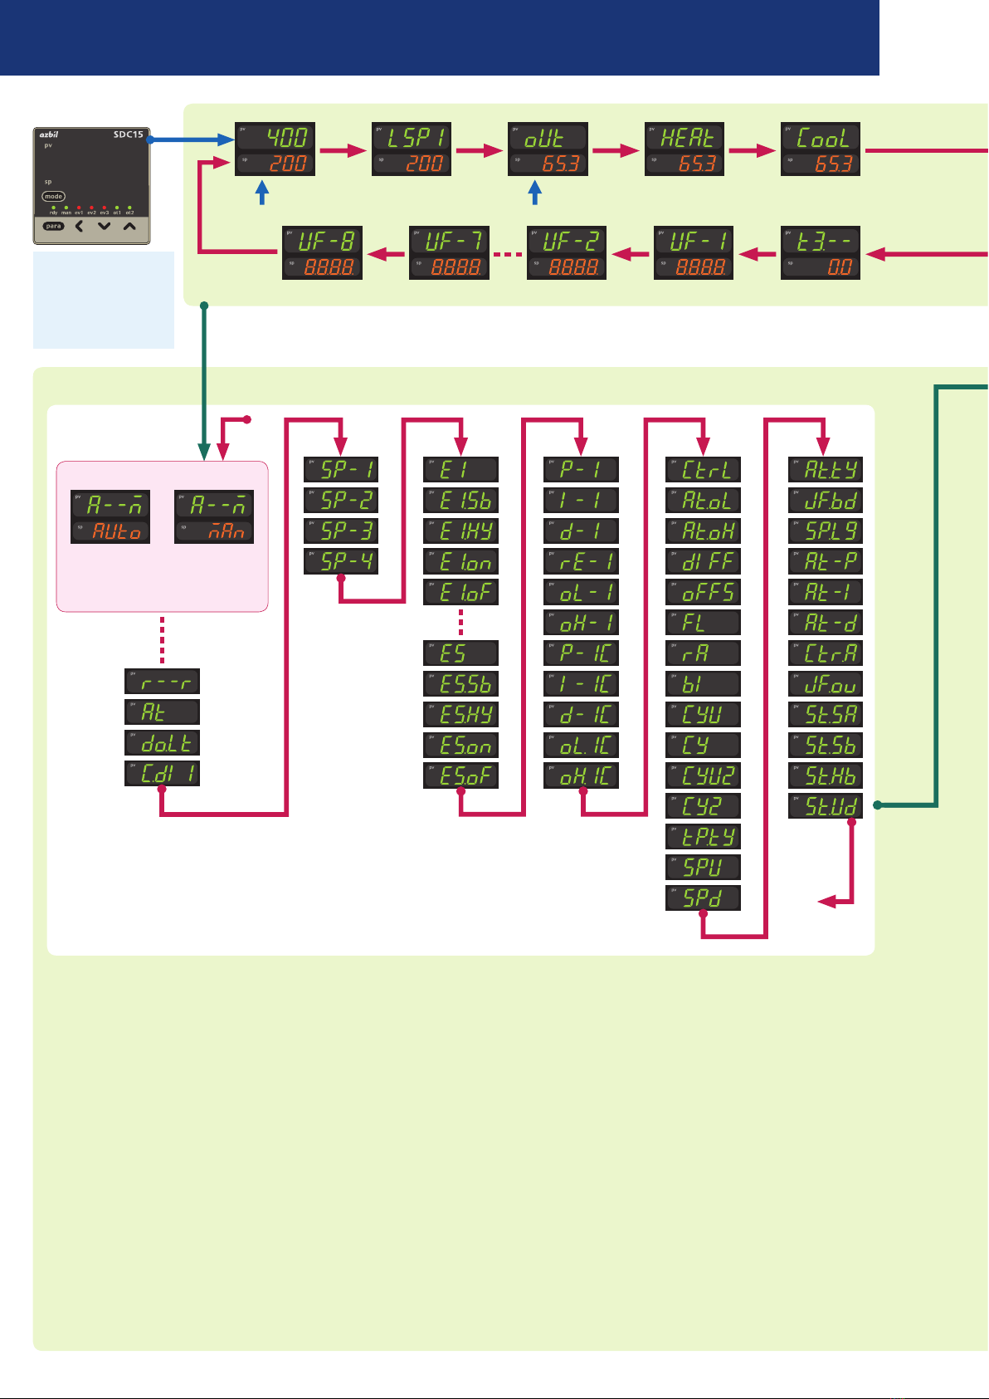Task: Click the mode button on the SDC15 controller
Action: [54, 197]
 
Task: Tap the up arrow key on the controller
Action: [129, 225]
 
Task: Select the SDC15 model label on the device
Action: [129, 135]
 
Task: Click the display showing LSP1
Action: [412, 149]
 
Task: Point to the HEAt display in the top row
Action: [685, 149]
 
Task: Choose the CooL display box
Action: [821, 149]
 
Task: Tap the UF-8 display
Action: [322, 253]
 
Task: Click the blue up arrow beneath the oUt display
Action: [535, 193]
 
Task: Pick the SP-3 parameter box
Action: [341, 531]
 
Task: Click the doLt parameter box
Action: [162, 742]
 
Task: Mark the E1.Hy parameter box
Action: [460, 531]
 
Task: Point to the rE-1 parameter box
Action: [581, 561]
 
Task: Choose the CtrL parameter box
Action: [703, 470]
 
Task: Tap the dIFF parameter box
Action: [703, 561]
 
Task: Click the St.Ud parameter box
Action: [825, 805]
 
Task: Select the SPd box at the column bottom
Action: [703, 898]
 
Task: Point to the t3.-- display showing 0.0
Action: [821, 253]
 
